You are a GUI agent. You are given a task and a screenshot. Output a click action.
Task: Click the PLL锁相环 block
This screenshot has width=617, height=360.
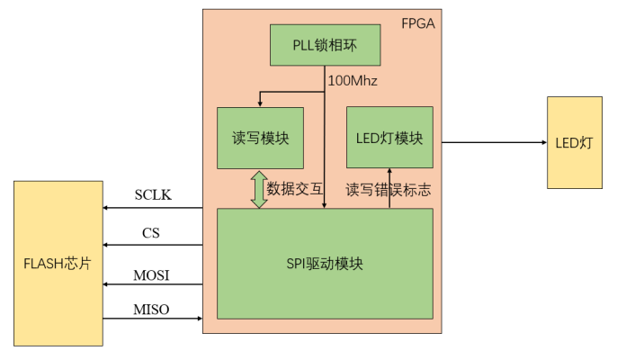325,46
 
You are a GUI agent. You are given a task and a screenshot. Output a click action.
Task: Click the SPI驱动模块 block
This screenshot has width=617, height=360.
325,264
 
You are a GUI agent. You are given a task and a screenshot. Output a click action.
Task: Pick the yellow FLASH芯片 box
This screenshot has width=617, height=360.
58,263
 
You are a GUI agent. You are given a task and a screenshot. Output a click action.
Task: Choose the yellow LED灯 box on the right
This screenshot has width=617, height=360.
575,142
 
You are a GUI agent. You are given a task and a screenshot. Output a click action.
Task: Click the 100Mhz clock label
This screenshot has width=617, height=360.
352,81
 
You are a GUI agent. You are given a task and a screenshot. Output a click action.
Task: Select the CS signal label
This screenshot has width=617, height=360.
151,233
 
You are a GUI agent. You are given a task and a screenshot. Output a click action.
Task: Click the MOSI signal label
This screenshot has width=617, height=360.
152,274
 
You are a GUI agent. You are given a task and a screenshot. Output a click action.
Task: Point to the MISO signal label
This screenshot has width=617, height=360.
152,310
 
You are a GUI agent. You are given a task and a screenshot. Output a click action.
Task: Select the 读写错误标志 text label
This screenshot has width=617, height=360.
389,189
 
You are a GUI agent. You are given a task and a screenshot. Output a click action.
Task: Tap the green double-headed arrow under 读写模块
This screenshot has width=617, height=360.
260,189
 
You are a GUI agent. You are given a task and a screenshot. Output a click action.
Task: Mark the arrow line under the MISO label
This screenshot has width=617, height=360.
153,319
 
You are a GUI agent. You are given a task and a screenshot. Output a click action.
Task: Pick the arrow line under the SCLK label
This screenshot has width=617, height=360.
153,209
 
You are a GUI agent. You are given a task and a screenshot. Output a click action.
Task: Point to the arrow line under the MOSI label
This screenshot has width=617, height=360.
153,284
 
